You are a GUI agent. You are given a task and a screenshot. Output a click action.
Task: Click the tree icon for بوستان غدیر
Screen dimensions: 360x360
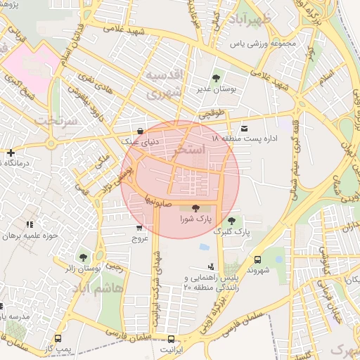(215, 78)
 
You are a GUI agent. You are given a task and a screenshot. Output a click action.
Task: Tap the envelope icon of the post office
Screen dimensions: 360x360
(244, 128)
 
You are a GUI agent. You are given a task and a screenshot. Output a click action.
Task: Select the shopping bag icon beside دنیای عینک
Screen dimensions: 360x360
(141, 131)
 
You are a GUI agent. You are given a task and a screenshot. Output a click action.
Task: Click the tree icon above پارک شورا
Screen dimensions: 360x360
(195, 207)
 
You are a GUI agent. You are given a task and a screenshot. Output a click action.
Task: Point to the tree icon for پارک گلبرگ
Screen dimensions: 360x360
(232, 221)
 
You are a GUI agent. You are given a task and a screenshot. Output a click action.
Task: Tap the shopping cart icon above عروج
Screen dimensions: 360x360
(139, 227)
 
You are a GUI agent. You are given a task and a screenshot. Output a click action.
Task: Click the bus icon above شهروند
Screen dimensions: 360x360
(257, 259)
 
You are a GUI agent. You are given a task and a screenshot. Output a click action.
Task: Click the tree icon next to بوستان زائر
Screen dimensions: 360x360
(84, 257)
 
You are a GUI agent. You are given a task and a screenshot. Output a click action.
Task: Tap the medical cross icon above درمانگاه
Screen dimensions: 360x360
(11, 153)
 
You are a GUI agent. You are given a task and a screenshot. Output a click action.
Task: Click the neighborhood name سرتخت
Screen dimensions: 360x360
(55, 120)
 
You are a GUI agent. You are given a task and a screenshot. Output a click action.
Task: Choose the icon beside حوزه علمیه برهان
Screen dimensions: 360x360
(29, 225)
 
